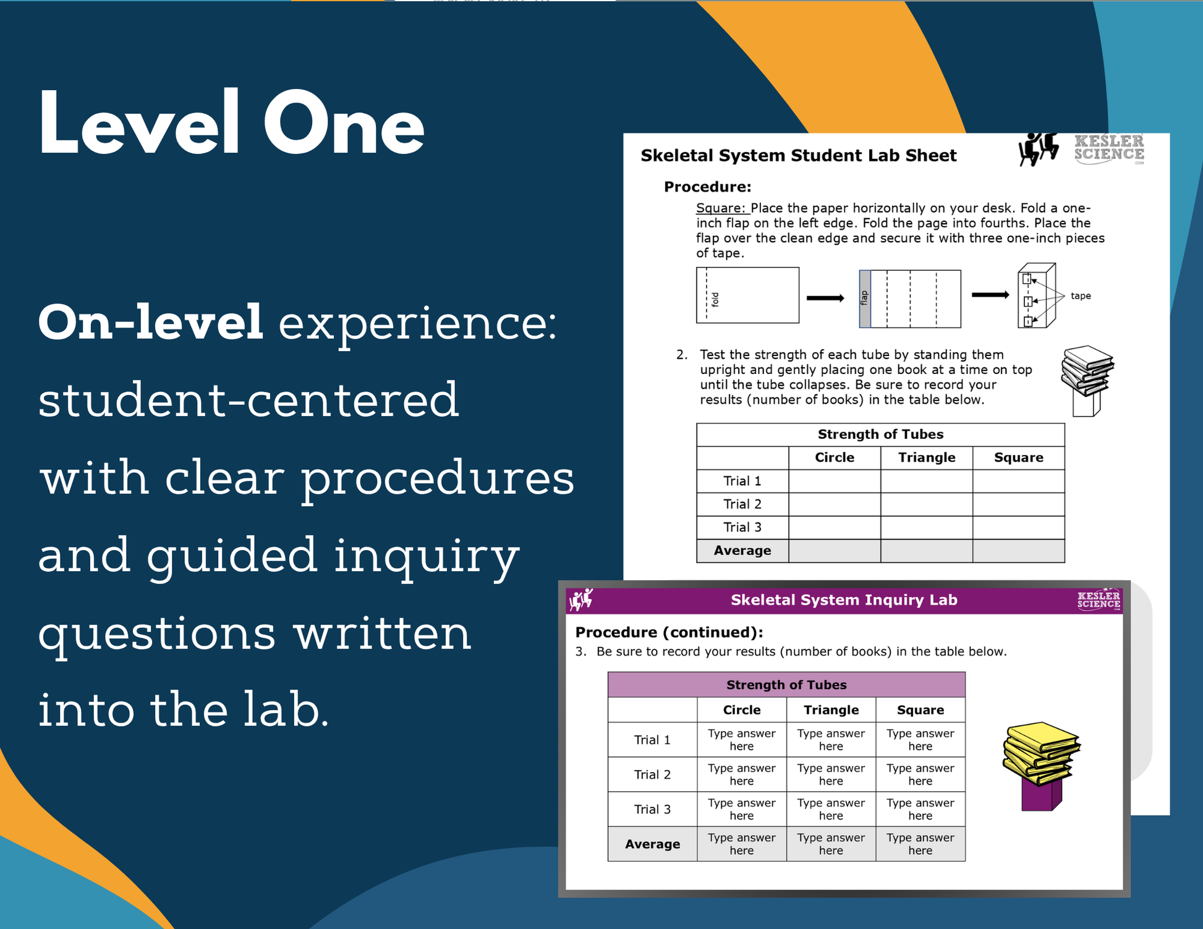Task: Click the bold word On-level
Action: [151, 322]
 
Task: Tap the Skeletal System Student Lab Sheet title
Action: [798, 155]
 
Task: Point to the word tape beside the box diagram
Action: [1081, 296]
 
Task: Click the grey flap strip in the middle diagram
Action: [865, 299]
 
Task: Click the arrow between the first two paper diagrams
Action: [825, 298]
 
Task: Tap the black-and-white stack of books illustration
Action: [1087, 380]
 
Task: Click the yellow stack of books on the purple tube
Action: [1041, 765]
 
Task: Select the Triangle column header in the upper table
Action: [926, 457]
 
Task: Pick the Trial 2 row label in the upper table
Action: [742, 504]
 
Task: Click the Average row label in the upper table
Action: [742, 550]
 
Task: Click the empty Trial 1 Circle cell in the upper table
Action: [835, 481]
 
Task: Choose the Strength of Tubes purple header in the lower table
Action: [786, 684]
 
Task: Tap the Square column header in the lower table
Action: [920, 710]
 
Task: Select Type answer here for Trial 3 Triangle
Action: [831, 809]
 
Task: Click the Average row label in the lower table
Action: [652, 844]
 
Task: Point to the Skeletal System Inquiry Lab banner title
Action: [844, 600]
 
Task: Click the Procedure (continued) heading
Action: [669, 632]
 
